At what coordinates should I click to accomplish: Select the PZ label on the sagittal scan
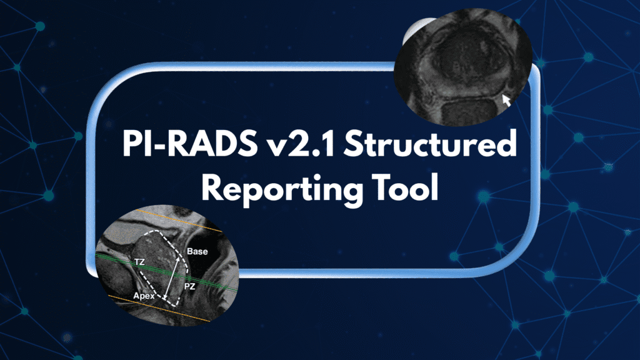(191, 286)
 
